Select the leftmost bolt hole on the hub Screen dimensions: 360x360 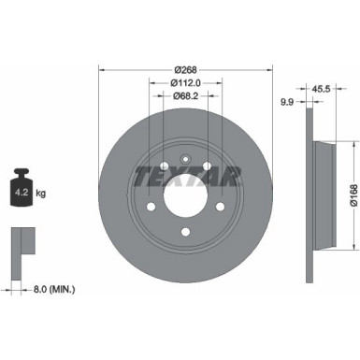tap(151, 207)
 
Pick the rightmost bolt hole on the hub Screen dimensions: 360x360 tap(220, 208)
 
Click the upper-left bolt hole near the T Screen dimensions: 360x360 tap(163, 170)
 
